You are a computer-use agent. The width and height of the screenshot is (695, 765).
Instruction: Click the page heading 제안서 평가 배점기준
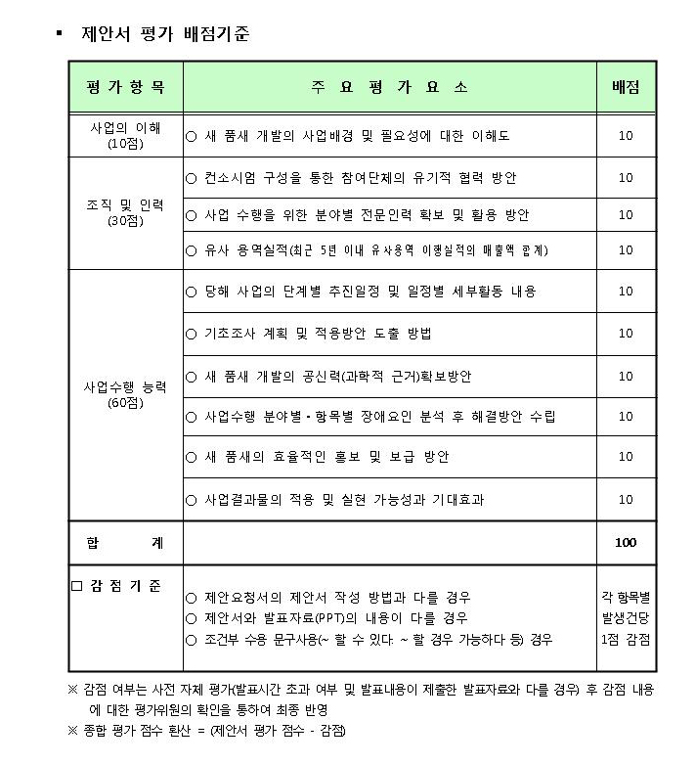point(165,34)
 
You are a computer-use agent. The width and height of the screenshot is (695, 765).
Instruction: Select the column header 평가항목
point(126,87)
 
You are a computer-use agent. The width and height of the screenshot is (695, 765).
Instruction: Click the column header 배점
point(626,87)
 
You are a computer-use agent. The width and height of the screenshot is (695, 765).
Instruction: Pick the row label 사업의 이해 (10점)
point(126,135)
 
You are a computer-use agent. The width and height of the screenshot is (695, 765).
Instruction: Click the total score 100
point(626,542)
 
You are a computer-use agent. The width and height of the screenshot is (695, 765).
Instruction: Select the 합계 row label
point(126,542)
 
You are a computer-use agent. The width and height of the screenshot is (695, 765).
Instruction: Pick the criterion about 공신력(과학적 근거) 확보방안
point(337,376)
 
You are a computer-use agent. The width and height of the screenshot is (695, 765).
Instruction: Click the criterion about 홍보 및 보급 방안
point(327,457)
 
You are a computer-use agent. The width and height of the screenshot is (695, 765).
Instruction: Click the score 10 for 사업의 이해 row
point(626,136)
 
